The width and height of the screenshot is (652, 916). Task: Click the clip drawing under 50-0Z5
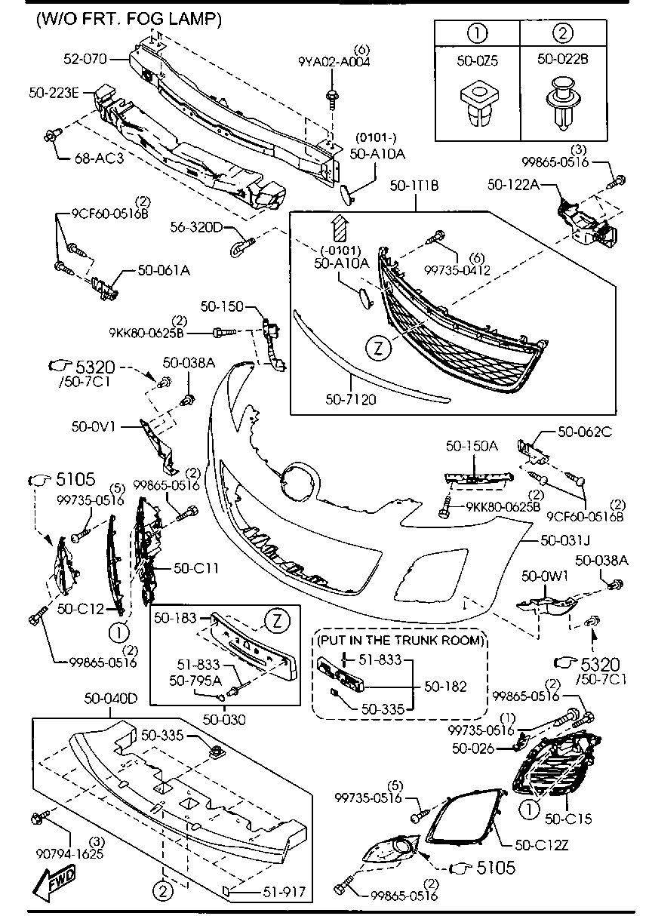(478, 106)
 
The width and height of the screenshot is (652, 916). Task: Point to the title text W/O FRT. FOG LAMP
(128, 20)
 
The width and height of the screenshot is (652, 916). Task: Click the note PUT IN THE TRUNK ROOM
(400, 641)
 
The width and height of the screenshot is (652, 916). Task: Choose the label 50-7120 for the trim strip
(350, 398)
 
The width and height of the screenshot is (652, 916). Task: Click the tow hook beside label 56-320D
(242, 244)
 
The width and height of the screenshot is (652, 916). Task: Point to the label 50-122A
(512, 183)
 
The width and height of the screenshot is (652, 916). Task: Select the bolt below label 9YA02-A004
(331, 98)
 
